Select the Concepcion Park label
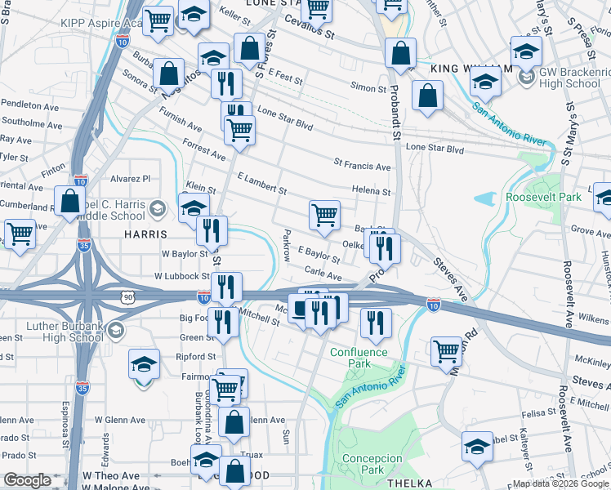(372, 465)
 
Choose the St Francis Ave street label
(362, 166)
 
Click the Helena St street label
(371, 192)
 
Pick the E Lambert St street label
(261, 184)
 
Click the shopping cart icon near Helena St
(324, 216)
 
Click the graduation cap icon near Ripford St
(145, 363)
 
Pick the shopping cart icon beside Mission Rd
(446, 351)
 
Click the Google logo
(27, 480)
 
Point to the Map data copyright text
(560, 483)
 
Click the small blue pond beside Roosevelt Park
(484, 198)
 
